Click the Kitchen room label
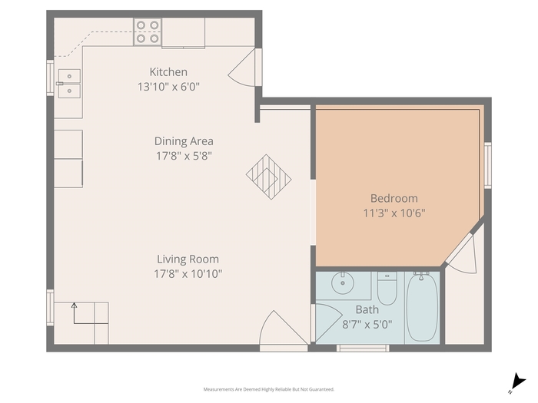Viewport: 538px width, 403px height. pos(168,72)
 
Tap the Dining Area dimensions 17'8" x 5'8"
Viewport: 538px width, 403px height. pos(184,156)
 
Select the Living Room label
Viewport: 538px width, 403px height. pos(188,259)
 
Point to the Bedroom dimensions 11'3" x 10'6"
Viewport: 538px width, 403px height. pos(394,213)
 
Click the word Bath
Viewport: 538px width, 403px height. pos(367,310)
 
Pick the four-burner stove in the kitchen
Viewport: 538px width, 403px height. pos(148,32)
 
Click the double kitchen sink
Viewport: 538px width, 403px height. pos(69,84)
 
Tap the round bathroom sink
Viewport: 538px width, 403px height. pos(343,283)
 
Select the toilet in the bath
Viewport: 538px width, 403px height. pos(387,288)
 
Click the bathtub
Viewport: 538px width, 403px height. pos(422,307)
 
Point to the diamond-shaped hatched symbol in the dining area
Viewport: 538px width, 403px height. pos(269,177)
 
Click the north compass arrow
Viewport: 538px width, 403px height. pos(517,382)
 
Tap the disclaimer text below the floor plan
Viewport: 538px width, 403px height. pos(269,389)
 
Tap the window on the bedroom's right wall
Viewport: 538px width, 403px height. pos(488,165)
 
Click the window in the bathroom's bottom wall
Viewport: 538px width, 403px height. pos(363,348)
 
